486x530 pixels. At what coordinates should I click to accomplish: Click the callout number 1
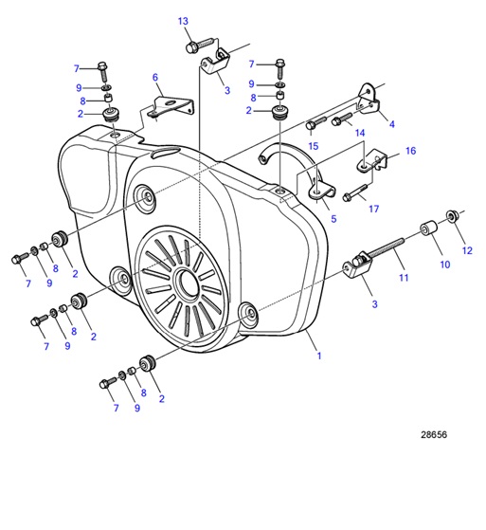point(319,356)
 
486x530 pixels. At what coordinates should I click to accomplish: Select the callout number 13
point(183,21)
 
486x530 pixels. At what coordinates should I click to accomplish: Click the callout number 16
point(410,151)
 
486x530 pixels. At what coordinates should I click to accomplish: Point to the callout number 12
point(466,250)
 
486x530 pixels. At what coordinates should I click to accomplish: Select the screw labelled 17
point(353,194)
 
